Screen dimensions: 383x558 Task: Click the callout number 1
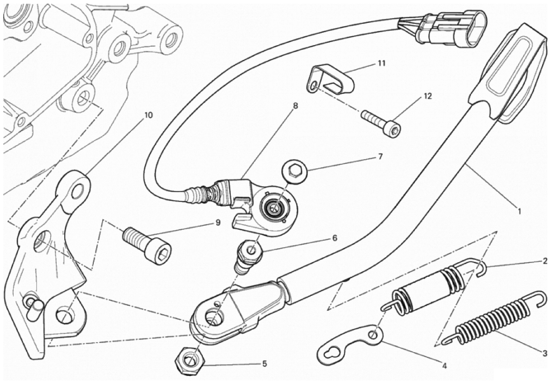pyautogui.click(x=519, y=211)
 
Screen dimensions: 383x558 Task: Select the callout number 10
pyautogui.click(x=148, y=115)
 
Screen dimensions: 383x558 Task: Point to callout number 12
pyautogui.click(x=427, y=96)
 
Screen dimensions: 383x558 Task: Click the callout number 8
pyautogui.click(x=295, y=106)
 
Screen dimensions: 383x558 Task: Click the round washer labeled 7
pyautogui.click(x=294, y=172)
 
